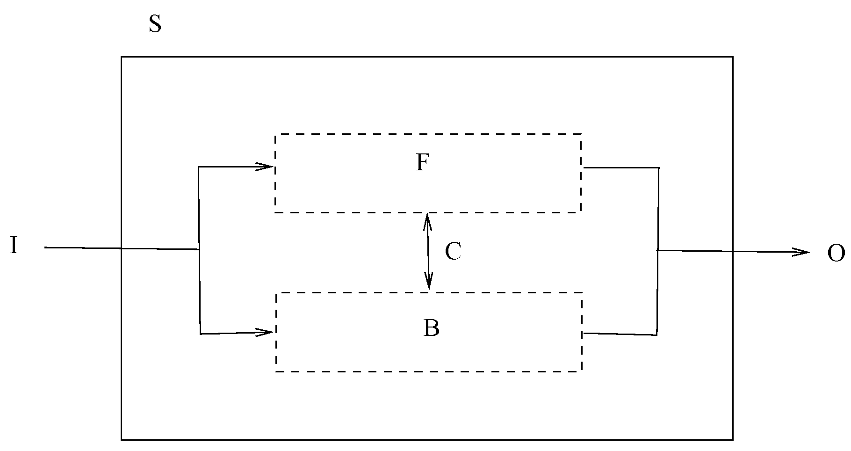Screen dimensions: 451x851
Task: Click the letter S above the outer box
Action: pos(155,24)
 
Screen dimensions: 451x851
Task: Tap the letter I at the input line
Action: pos(14,246)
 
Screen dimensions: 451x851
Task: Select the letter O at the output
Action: pos(836,254)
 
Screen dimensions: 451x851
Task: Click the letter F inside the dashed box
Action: pos(422,163)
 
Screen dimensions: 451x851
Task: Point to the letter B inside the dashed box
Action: pos(431,328)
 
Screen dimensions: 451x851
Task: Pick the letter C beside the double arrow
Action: pos(453,252)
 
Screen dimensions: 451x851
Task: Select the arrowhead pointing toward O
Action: pos(803,253)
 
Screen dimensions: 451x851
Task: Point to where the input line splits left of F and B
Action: pos(200,249)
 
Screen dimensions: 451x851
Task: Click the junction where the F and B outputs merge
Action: pos(658,251)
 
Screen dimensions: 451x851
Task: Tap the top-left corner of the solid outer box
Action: pos(122,57)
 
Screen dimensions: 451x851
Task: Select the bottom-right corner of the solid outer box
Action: pos(732,440)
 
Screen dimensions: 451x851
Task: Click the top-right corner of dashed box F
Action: pos(581,135)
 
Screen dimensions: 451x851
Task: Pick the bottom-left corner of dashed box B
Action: pos(276,371)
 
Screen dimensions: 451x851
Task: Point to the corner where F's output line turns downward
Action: pos(659,167)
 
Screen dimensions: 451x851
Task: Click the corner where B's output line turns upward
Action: pos(657,335)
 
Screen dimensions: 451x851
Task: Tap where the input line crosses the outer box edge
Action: pos(122,248)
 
